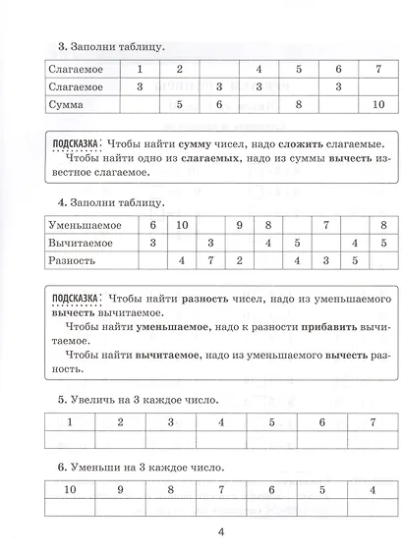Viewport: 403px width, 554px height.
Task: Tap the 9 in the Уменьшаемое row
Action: [x=239, y=225]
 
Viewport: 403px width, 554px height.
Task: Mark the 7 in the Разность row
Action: [x=210, y=259]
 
